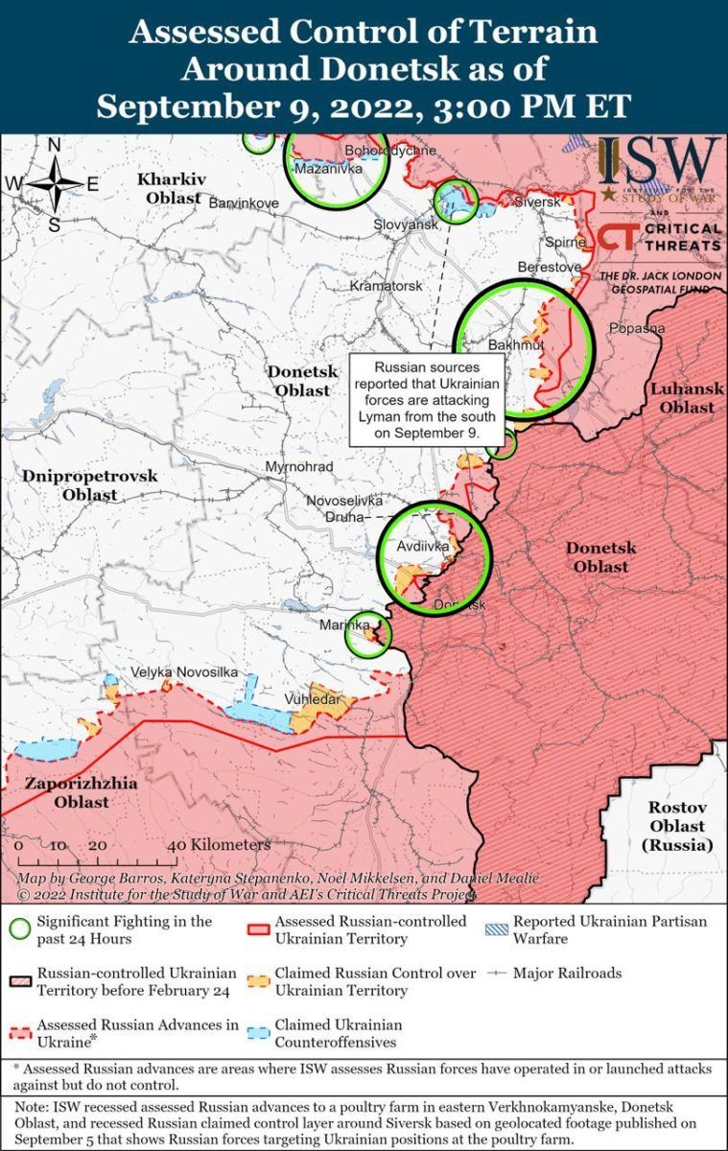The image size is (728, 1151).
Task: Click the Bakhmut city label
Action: (x=516, y=344)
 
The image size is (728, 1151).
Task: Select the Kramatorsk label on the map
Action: (x=386, y=286)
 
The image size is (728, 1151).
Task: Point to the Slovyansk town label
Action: (x=406, y=223)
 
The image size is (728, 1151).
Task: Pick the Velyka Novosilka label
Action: (x=184, y=672)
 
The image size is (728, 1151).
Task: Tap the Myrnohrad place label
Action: (x=299, y=467)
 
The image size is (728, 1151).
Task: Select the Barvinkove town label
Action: (x=244, y=203)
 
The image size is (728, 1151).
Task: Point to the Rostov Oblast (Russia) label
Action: (x=676, y=826)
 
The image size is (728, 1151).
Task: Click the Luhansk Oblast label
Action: (x=681, y=398)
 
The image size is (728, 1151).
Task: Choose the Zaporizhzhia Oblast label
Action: (x=81, y=792)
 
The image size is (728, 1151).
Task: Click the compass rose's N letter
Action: (x=55, y=146)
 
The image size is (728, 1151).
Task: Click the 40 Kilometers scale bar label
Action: (x=219, y=846)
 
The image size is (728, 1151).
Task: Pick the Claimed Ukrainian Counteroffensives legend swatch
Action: (x=258, y=1033)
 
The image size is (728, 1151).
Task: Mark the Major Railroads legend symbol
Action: (x=497, y=974)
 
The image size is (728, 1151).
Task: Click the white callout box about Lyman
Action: (x=427, y=401)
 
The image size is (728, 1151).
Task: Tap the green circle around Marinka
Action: (x=367, y=634)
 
